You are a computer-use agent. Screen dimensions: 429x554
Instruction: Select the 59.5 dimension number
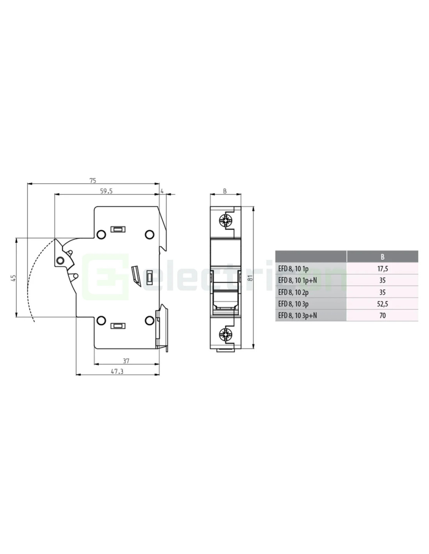[106, 191]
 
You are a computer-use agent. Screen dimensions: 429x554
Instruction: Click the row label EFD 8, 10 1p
[293, 269]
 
